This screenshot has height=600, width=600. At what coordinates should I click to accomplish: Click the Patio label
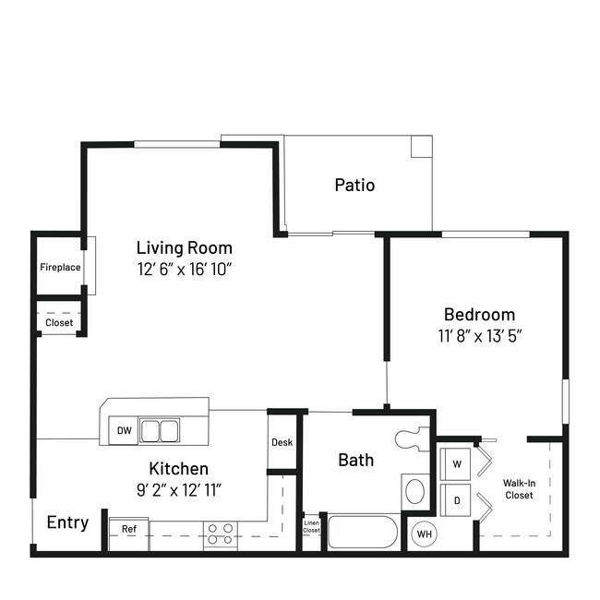coord(354,185)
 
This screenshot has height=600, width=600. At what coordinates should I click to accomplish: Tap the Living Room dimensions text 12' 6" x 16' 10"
coord(184,269)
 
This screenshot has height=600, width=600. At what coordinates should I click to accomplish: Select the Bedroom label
coord(479,314)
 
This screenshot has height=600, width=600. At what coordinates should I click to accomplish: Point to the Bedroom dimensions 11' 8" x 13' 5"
coord(479,335)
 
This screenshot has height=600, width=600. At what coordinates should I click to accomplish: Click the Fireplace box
coord(60,268)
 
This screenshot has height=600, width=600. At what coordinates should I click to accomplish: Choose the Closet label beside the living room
coord(59,323)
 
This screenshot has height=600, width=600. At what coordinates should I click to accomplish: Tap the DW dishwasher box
coord(124,430)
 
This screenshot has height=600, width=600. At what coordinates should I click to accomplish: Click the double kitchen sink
coord(160,430)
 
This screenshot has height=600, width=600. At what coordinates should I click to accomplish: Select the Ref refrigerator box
coord(129,529)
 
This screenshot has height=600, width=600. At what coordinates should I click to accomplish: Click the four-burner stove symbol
coord(220,532)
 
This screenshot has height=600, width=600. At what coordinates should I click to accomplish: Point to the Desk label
coord(282,442)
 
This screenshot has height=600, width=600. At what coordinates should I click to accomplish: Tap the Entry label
coord(67,522)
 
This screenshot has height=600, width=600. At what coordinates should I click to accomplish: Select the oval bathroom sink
coord(415,489)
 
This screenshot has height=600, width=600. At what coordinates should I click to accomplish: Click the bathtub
coord(363,534)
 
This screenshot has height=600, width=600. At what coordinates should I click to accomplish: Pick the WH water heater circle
coord(424,534)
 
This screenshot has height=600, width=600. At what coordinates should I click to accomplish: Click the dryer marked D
coord(455,499)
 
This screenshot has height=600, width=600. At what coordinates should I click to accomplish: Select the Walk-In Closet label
coord(518,488)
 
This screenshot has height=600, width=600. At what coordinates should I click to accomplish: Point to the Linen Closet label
coord(312,527)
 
